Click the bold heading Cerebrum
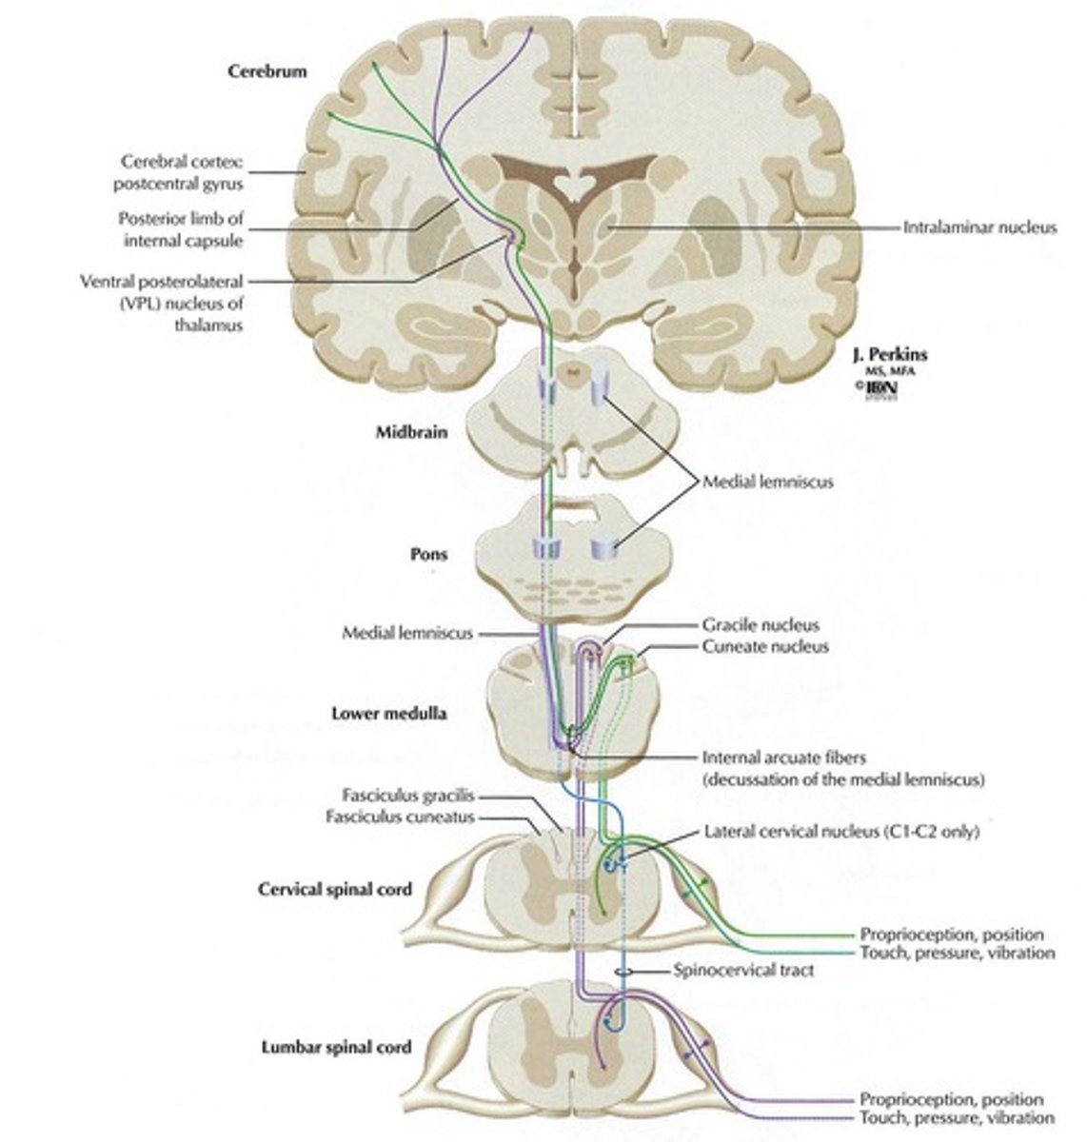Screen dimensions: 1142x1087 [267, 71]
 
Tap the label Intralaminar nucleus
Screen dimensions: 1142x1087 [980, 227]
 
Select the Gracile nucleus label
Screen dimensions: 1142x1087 [761, 625]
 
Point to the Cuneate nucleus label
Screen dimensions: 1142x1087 [765, 646]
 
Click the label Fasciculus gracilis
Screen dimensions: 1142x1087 [408, 797]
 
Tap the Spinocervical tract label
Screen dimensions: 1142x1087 [730, 972]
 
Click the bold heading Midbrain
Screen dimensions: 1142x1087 [409, 432]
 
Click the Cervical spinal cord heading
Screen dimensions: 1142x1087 [335, 890]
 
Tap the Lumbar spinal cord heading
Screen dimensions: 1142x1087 [336, 1047]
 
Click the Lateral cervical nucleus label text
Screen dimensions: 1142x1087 [841, 831]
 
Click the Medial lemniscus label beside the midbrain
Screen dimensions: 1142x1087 [767, 482]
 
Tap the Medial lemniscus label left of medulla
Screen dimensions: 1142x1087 [407, 632]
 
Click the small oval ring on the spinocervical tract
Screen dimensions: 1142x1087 [622, 972]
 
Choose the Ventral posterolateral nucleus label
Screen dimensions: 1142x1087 [163, 303]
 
